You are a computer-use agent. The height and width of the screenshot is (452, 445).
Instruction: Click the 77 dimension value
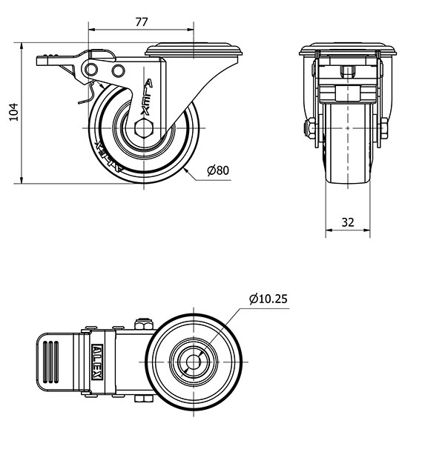tap(142, 22)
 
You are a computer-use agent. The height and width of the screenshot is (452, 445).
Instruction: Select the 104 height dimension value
tap(14, 112)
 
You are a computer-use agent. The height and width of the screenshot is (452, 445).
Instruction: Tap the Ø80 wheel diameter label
tap(218, 170)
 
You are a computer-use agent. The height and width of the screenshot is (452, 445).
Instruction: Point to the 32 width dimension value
tap(348, 222)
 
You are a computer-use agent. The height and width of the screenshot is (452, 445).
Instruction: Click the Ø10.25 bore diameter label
tap(268, 299)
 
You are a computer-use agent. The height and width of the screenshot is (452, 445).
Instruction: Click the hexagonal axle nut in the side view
tap(144, 127)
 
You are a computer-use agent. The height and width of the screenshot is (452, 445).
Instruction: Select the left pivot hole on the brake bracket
tap(91, 69)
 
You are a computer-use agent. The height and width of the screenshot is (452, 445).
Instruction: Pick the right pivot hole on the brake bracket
tap(119, 71)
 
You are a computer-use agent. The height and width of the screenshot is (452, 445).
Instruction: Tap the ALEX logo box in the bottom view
tap(96, 362)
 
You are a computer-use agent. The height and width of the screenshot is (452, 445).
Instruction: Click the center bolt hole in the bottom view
tap(193, 362)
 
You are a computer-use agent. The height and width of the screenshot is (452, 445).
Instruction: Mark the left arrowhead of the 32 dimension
tap(329, 230)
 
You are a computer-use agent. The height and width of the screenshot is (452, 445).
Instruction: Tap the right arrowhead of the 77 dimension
tap(190, 29)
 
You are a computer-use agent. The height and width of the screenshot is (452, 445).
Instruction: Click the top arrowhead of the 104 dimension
tap(22, 46)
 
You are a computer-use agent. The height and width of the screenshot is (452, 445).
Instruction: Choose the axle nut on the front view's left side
tap(309, 128)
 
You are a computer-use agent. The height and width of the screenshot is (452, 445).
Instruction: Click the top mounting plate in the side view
tap(194, 50)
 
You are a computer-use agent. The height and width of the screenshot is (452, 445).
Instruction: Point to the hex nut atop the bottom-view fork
tap(143, 324)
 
